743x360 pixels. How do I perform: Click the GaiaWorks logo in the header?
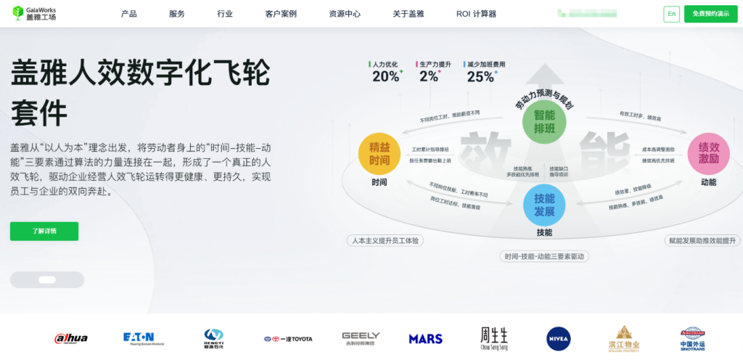click(34, 13)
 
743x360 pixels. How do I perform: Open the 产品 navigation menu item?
click(129, 14)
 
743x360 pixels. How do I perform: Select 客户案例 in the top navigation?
click(281, 14)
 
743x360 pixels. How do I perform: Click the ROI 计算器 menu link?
click(476, 14)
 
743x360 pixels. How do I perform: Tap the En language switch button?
click(671, 14)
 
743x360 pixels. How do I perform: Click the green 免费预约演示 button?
click(710, 14)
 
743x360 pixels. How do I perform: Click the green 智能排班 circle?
click(544, 122)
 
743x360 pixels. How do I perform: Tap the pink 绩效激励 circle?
click(708, 153)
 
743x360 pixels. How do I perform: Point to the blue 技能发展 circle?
click(544, 205)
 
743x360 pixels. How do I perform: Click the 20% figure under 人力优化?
click(386, 76)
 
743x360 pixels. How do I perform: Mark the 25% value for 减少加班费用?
click(480, 76)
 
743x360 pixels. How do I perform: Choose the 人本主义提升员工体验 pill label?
click(385, 240)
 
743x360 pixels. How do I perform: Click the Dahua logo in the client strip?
click(71, 338)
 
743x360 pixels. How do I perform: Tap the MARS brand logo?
click(425, 339)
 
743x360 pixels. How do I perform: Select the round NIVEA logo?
click(559, 338)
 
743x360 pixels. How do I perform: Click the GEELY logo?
click(361, 338)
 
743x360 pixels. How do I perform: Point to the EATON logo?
click(139, 337)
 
